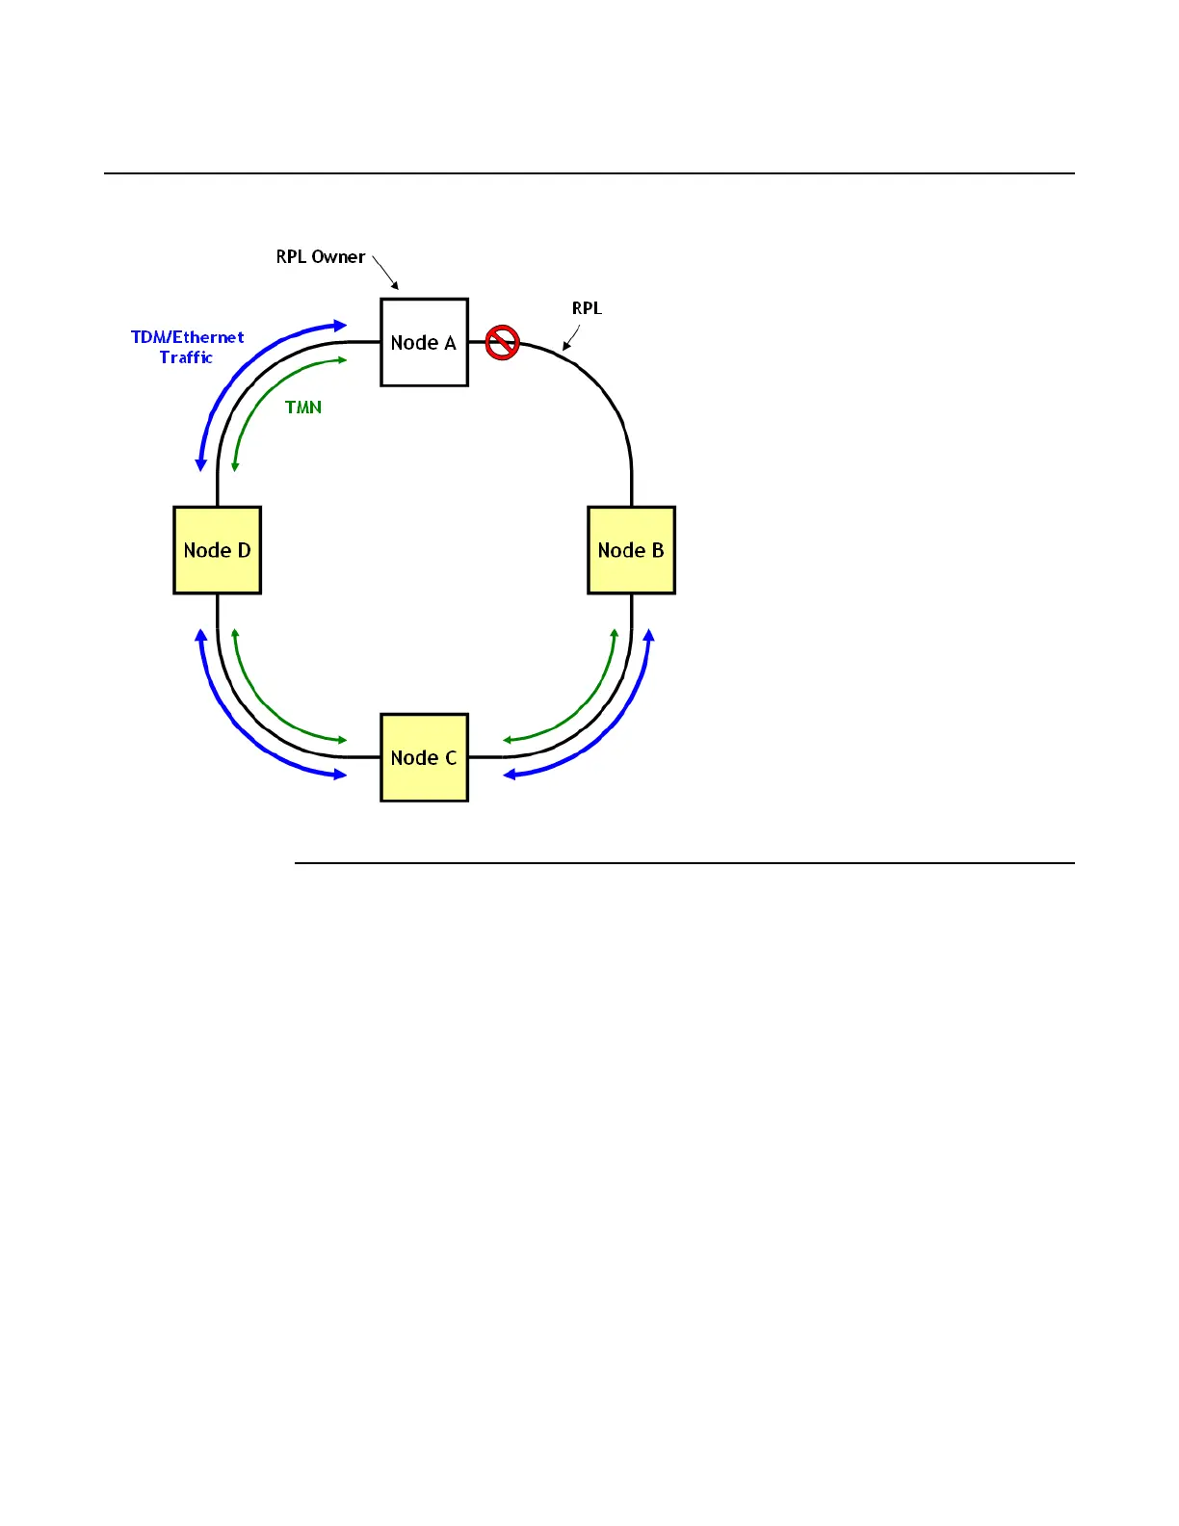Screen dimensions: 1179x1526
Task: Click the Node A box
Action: pos(424,342)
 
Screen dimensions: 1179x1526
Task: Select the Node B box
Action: pos(631,550)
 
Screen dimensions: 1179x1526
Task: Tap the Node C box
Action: pos(424,757)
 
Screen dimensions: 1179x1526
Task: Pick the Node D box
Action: pos(217,550)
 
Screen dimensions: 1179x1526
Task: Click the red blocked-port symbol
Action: pos(502,342)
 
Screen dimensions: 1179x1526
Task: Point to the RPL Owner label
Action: pos(320,257)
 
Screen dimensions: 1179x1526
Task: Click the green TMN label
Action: pos(303,408)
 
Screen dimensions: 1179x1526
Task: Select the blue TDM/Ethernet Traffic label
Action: pos(187,347)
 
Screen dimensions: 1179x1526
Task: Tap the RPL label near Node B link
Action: pos(587,308)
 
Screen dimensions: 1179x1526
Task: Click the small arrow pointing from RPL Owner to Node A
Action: pos(385,273)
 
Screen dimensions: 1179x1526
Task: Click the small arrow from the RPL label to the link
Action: pos(571,338)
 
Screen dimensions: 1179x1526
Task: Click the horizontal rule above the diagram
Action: pos(589,173)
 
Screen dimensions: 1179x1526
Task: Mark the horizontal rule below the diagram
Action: pos(684,863)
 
